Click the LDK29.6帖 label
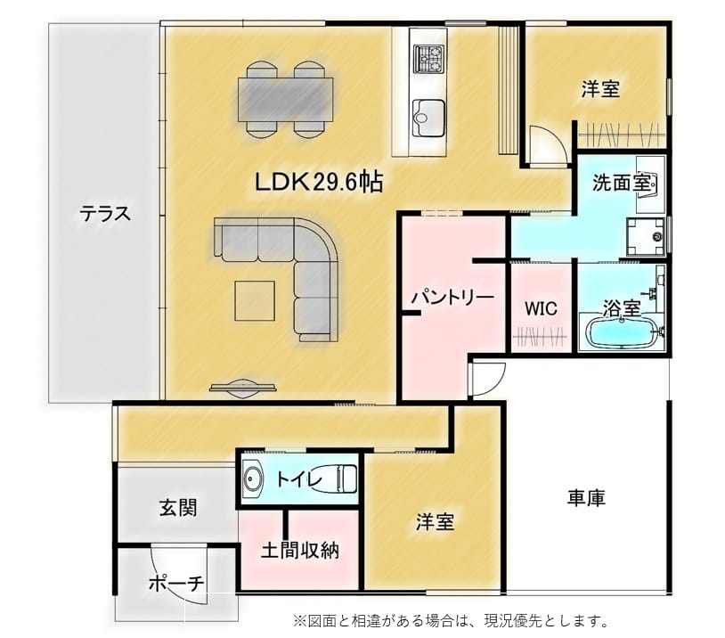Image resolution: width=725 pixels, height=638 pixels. [x=319, y=182]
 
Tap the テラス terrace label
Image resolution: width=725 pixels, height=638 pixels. [x=105, y=214]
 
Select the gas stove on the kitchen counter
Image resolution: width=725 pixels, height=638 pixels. [x=428, y=59]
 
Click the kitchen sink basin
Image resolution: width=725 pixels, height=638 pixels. [x=428, y=118]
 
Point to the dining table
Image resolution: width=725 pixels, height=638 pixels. [x=286, y=100]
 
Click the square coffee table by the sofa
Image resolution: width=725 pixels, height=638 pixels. [x=255, y=300]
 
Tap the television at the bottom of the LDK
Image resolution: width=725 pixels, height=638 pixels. [x=243, y=388]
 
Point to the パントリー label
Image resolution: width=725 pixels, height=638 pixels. [x=452, y=297]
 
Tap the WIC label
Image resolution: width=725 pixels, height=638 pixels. [x=541, y=308]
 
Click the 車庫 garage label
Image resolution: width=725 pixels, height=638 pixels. [x=586, y=498]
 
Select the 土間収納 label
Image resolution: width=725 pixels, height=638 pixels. [x=300, y=551]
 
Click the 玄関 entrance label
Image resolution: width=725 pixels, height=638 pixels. [x=178, y=508]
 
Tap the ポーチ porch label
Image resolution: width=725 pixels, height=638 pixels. [x=176, y=584]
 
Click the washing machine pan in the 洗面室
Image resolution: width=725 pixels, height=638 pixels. [x=646, y=236]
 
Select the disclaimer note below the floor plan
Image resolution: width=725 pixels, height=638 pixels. [x=451, y=621]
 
